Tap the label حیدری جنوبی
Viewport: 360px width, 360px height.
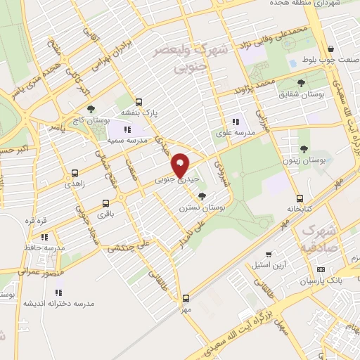(173, 181)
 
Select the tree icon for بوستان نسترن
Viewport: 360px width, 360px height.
(202, 196)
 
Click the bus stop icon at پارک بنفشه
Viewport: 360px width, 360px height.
(139, 101)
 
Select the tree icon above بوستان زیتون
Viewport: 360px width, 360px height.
(304, 148)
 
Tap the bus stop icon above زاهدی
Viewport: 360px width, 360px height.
(75, 172)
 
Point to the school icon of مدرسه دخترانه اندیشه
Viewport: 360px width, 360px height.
(58, 292)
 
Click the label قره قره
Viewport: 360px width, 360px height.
(35, 221)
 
